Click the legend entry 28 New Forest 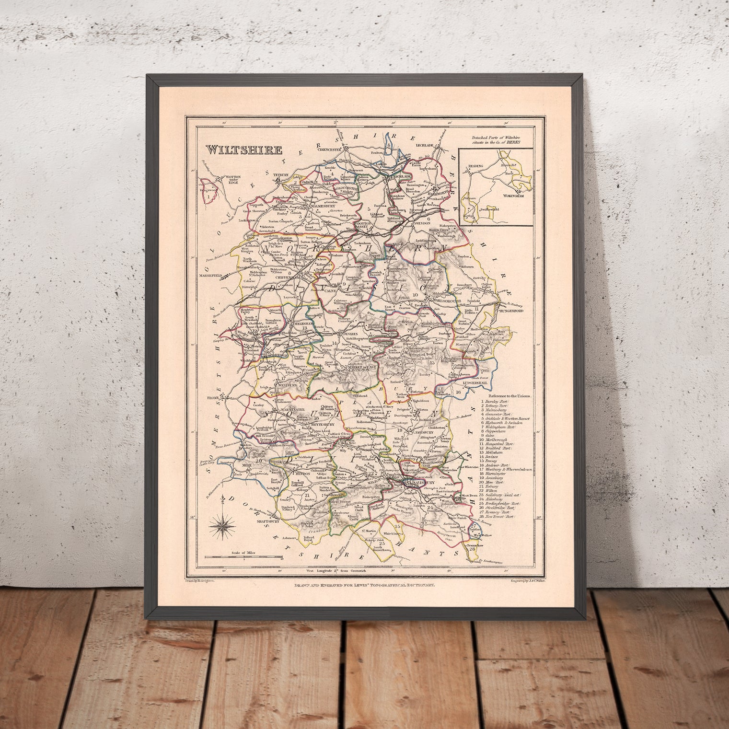tap(502, 518)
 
